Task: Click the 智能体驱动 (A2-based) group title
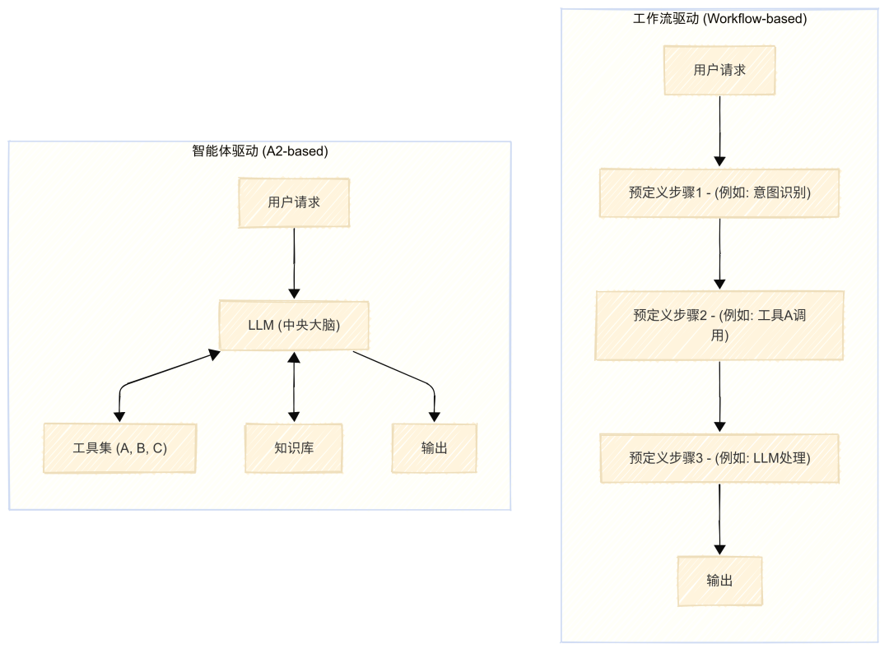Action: coord(259,151)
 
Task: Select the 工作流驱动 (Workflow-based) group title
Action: coord(719,19)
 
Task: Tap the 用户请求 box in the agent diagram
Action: coord(294,203)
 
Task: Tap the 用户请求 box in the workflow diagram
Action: coord(719,70)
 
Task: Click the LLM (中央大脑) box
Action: coord(294,325)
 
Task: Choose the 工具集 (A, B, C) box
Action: coord(119,448)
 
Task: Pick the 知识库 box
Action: coord(294,448)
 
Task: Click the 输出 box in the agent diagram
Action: coord(435,448)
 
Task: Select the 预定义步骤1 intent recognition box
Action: coord(719,192)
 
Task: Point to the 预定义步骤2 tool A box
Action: coord(719,325)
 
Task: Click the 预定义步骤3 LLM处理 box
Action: coord(719,458)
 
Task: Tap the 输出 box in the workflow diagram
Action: coord(719,581)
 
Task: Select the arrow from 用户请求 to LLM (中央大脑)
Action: coord(294,263)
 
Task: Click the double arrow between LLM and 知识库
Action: coord(294,387)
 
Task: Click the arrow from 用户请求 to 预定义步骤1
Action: coord(719,131)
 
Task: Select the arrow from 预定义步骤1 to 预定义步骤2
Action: coord(719,254)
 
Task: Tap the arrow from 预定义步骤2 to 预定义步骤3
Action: coord(719,396)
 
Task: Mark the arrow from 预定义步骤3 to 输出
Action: coord(719,519)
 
